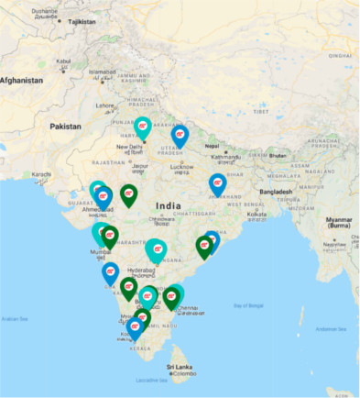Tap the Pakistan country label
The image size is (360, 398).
[65, 126]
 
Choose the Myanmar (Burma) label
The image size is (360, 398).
[337, 222]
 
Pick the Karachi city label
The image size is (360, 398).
[41, 173]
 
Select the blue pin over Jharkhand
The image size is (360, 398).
[218, 183]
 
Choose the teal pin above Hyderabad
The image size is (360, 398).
[156, 248]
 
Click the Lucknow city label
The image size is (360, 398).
[182, 166]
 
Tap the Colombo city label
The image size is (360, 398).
[181, 374]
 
